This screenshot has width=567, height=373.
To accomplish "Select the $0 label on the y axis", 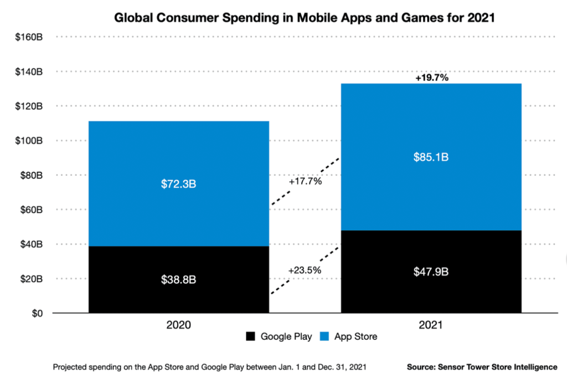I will tap(36, 313).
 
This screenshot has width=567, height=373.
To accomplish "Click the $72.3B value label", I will tap(178, 183).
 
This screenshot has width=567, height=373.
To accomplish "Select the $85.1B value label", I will tap(431, 157).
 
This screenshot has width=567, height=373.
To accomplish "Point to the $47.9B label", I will tap(431, 272).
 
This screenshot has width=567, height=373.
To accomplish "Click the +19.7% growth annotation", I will tap(431, 78).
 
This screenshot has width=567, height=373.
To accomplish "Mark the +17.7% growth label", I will tap(305, 181).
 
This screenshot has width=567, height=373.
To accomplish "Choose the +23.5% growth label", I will tap(305, 270).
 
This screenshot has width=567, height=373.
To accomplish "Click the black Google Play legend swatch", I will tap(250, 336).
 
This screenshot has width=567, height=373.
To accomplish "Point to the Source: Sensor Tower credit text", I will tap(482, 367).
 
